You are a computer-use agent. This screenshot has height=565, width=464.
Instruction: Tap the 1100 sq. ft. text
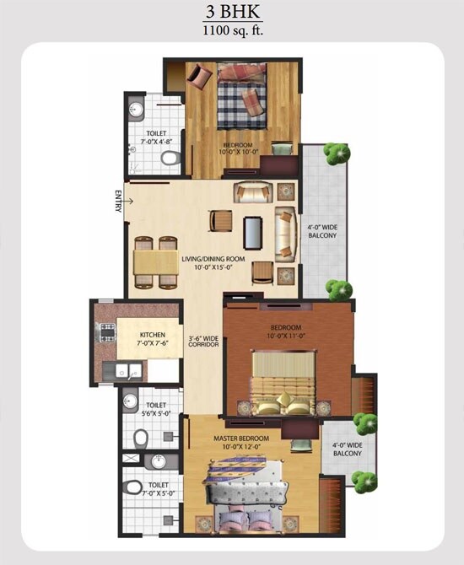231,31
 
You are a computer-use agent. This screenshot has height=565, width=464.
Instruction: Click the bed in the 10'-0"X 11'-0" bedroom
285,381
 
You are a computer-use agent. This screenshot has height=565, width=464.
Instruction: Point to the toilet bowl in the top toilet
169,158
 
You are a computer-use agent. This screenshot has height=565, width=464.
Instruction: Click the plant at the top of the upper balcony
337,153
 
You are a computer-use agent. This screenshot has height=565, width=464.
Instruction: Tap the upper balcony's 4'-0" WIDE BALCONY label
321,230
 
